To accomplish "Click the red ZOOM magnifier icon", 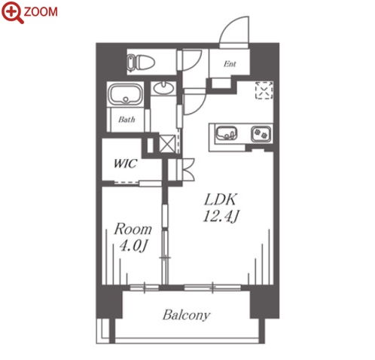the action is pos(13,13).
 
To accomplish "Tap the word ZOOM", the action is pos(41,12).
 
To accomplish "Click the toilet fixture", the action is pos(140,62).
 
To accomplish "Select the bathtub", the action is pos(125,94).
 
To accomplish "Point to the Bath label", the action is pos(127,120).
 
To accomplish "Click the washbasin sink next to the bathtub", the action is pos(163,88).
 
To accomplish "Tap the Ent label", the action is pos(230,64).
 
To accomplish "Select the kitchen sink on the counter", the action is pos(227,133).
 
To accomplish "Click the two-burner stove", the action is pos(261,134).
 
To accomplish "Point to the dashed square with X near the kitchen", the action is pos(264,90).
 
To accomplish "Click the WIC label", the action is pos(125,163).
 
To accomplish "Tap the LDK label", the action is pos(221,200).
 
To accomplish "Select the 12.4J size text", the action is pos(221,216).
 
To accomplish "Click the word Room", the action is pos(133,229).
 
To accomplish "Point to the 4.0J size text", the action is pos(133,246).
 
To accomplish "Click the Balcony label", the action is pos(187,316).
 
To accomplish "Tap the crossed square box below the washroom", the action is pos(167,144).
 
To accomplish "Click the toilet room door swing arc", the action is pos(192,60).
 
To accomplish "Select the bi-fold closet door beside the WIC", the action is pos(186,169).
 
